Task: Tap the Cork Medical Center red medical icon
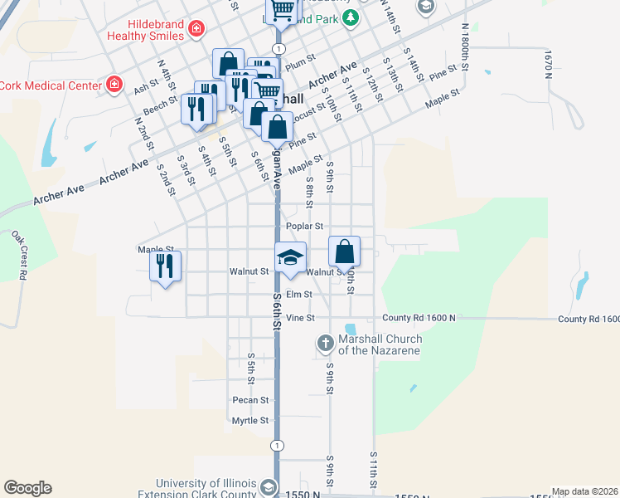pyautogui.click(x=114, y=85)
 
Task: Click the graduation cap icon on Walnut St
pyautogui.click(x=290, y=256)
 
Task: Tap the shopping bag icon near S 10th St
pyautogui.click(x=344, y=251)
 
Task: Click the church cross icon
pyautogui.click(x=326, y=342)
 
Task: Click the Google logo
pyautogui.click(x=27, y=488)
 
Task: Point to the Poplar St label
pyautogui.click(x=303, y=226)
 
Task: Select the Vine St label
pyautogui.click(x=300, y=318)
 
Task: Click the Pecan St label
pyautogui.click(x=250, y=400)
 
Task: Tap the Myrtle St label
pyautogui.click(x=250, y=421)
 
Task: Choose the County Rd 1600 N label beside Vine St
pyautogui.click(x=419, y=319)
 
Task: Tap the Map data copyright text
pyautogui.click(x=584, y=491)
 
